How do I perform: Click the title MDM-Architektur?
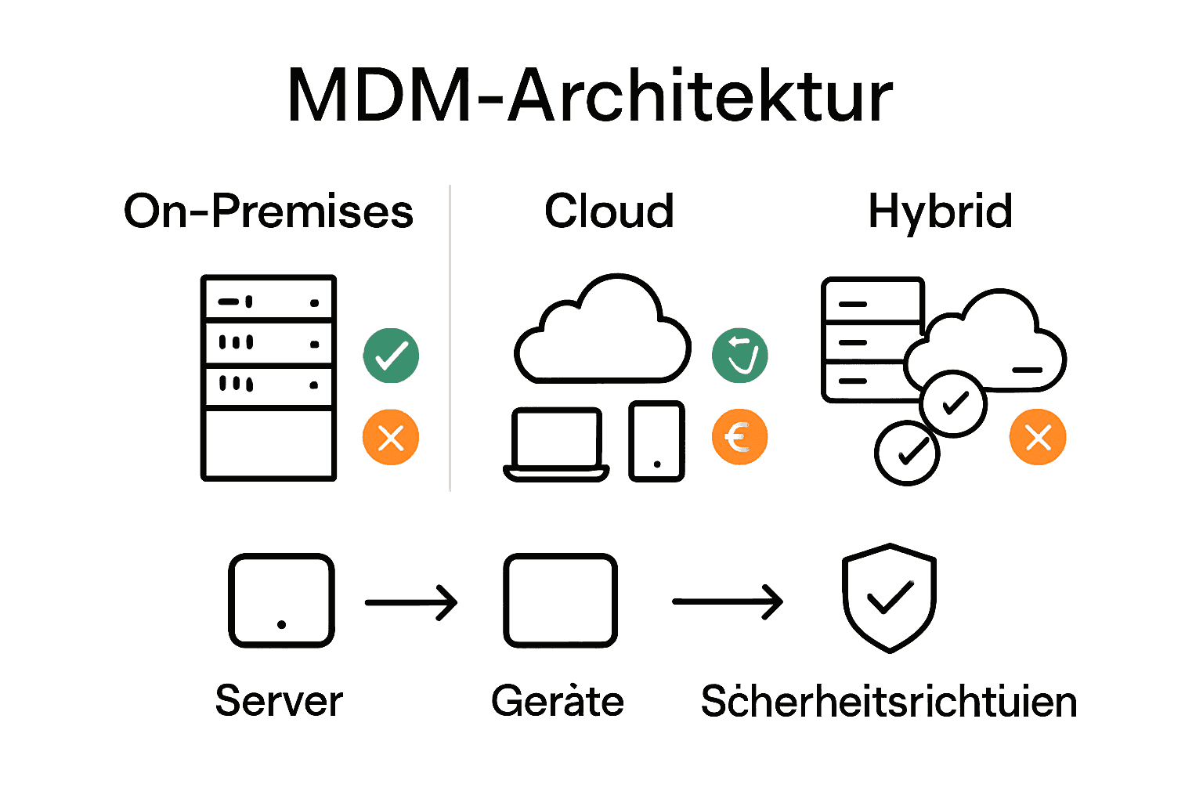[590, 96]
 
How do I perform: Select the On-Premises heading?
[269, 211]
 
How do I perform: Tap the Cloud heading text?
[609, 211]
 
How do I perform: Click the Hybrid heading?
[940, 211]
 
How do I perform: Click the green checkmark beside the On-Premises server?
[391, 356]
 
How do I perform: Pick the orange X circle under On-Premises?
[391, 437]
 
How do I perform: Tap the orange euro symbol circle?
[739, 437]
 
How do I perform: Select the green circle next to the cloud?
[739, 356]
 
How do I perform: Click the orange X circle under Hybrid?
[1038, 437]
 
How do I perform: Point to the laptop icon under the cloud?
[556, 443]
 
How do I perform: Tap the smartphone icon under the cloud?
[657, 442]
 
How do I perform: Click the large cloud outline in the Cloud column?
[602, 333]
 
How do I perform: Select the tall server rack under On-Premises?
[269, 378]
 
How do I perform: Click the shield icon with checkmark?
[889, 598]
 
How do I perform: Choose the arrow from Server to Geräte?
[411, 602]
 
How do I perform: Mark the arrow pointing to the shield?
[728, 601]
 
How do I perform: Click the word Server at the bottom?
[279, 701]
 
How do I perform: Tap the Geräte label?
[558, 701]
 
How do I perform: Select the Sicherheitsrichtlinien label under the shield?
[889, 701]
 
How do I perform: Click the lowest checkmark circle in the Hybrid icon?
[907, 453]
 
